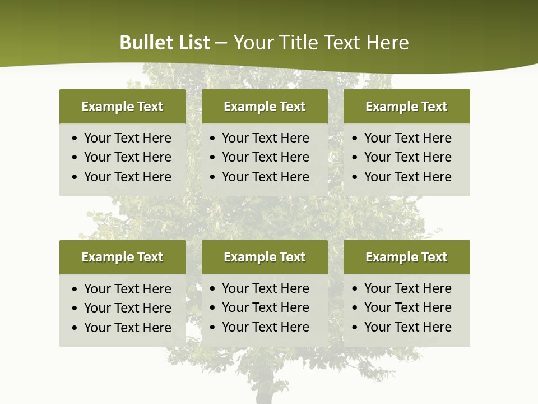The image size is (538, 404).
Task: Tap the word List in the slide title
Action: tap(192, 43)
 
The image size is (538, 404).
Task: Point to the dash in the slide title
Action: tap(221, 43)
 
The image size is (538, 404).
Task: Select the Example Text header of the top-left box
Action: tap(122, 107)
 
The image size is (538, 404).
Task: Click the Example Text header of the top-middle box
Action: tap(265, 107)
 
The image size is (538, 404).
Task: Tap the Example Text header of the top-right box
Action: tap(406, 107)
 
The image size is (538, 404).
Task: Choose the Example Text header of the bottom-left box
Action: tap(122, 257)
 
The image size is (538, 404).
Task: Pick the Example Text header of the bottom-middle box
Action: tap(265, 257)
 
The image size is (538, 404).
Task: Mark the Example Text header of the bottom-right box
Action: tap(406, 257)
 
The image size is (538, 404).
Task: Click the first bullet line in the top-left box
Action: tap(127, 138)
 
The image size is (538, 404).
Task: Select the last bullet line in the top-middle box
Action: tap(265, 177)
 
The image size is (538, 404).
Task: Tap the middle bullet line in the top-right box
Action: tap(407, 157)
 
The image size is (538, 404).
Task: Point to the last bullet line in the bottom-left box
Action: tap(127, 328)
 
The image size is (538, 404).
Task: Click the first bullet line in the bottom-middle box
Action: tap(265, 288)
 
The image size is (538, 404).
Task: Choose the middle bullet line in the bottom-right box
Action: tap(407, 307)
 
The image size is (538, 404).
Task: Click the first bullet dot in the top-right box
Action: tap(355, 139)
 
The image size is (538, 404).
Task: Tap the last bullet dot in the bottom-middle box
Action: tap(212, 328)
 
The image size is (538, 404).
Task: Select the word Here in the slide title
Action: tap(387, 43)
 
